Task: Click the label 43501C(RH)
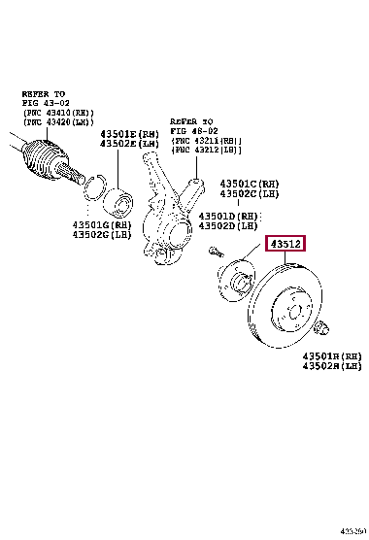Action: pyautogui.click(x=252, y=184)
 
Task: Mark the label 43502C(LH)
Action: pyautogui.click(x=252, y=193)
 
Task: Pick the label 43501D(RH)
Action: pyautogui.click(x=232, y=216)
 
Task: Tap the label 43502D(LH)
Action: pyautogui.click(x=232, y=225)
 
